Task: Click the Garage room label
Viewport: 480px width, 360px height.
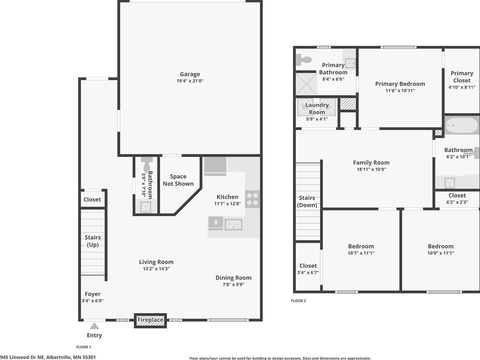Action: (190, 74)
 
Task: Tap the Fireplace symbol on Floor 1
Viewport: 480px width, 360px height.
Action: (150, 320)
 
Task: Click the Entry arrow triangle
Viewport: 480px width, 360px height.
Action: (94, 326)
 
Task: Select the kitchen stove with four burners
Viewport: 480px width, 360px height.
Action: (252, 199)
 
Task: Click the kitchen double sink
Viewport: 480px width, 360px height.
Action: (233, 224)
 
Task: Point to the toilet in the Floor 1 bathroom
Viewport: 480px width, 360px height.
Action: (146, 161)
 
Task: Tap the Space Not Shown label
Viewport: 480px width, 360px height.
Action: (178, 180)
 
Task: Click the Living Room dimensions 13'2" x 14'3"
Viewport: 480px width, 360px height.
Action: (156, 269)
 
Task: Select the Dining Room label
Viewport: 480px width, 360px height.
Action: (233, 277)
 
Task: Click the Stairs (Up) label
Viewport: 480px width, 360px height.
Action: (93, 241)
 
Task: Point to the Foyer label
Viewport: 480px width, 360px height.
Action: (92, 294)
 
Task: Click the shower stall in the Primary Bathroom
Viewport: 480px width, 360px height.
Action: (306, 84)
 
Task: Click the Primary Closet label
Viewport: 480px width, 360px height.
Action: (462, 77)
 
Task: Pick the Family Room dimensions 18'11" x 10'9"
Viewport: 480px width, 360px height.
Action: (371, 169)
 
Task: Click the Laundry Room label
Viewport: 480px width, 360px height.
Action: (317, 108)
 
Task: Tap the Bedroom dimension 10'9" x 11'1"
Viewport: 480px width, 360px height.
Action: (441, 253)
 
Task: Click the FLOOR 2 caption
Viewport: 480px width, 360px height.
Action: (298, 301)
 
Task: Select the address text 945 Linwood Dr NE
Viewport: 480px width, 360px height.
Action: (22, 357)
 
